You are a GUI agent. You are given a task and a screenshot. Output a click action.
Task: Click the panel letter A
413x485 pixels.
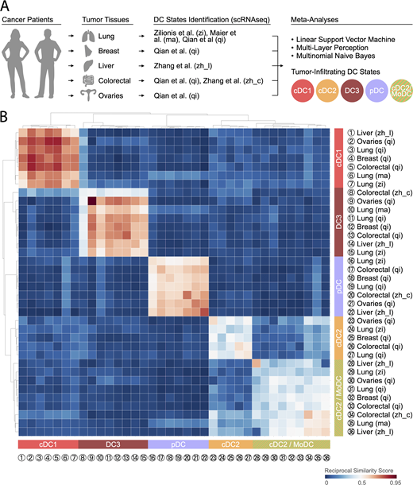point(7,7)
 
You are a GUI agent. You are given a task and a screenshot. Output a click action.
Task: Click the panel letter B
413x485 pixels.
point(7,104)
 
